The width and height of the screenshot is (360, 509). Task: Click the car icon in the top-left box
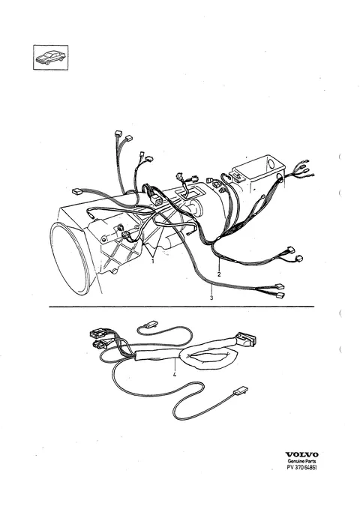click(50, 57)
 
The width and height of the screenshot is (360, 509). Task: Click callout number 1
click(153, 261)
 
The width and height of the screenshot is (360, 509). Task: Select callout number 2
click(219, 274)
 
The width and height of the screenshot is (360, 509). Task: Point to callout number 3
click(211, 298)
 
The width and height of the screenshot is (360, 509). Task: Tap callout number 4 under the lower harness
click(175, 375)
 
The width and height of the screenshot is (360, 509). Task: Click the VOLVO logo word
click(301, 454)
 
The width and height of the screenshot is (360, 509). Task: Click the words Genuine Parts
click(301, 461)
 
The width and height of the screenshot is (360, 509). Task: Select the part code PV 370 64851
click(301, 467)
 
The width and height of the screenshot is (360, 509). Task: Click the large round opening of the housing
click(70, 256)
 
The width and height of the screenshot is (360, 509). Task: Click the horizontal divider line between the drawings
click(181, 307)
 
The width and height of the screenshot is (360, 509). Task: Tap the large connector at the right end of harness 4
click(246, 339)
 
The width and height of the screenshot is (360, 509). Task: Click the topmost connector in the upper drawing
click(118, 133)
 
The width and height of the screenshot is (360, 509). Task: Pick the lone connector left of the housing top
click(76, 191)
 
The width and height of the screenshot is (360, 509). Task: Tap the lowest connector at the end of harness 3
click(280, 295)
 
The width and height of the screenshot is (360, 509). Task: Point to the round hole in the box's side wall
click(280, 175)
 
